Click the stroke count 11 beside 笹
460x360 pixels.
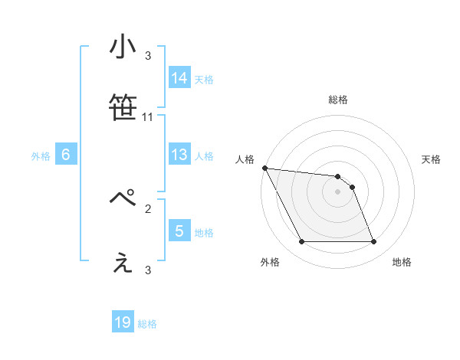148,117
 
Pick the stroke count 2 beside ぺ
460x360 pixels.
148,208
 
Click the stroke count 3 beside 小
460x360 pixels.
148,55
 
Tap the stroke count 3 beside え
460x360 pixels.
148,270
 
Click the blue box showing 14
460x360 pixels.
179,78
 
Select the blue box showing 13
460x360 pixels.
179,155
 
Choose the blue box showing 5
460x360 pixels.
179,231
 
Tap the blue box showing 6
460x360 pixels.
66,155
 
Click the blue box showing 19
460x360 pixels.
123,323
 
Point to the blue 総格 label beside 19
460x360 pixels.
147,324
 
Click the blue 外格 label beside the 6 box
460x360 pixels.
41,156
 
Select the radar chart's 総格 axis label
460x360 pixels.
338,100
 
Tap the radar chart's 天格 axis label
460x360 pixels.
431,159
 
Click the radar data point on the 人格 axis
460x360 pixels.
264,168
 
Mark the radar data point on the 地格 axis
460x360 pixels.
373,242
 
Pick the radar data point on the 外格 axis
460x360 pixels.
301,242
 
